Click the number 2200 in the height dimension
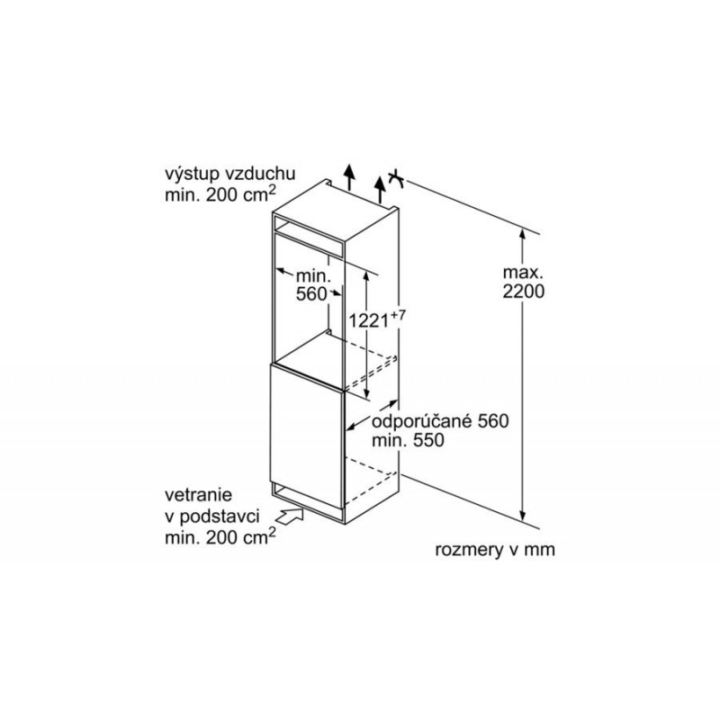click(524, 292)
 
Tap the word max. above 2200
click(523, 273)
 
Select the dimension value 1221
click(369, 320)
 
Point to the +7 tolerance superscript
click(398, 316)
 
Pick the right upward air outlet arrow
click(380, 189)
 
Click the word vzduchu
click(260, 174)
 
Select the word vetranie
click(198, 495)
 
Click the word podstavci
click(219, 517)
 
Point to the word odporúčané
click(421, 421)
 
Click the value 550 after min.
click(428, 441)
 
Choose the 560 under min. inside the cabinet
click(311, 294)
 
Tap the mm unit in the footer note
click(541, 550)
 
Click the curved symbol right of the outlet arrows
click(396, 179)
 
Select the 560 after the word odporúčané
click(493, 421)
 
